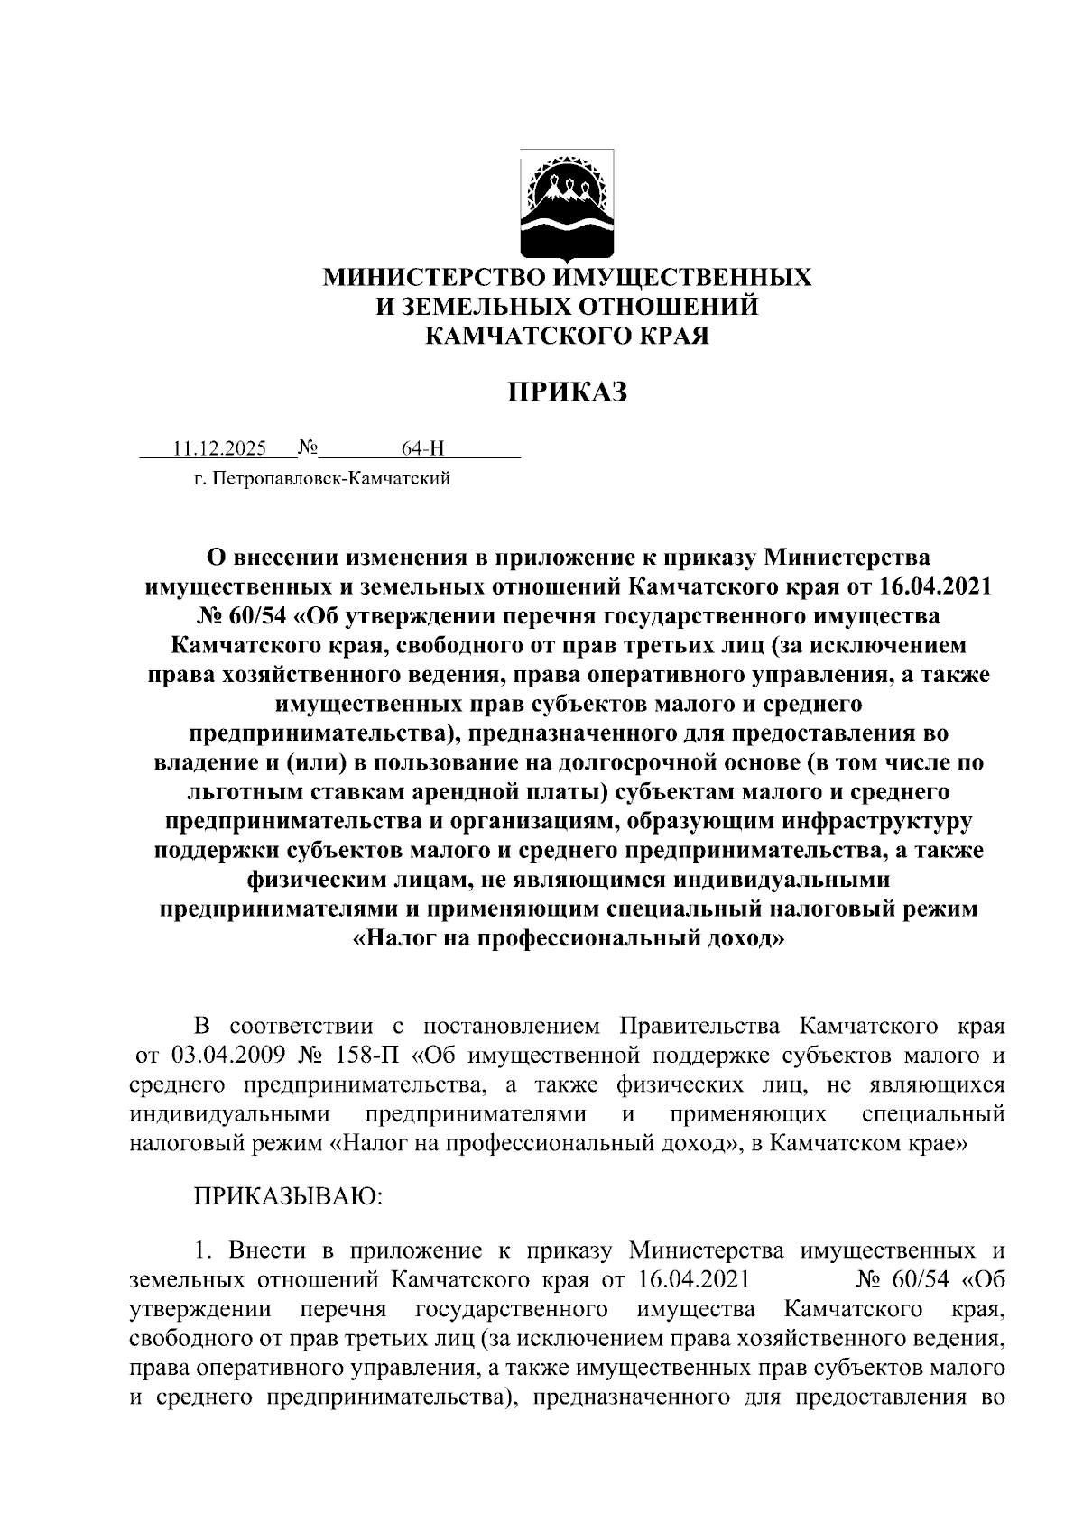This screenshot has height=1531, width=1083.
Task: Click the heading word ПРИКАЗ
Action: [566, 393]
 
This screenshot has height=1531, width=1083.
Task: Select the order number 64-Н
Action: [423, 448]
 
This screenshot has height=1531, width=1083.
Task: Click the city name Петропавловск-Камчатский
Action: [330, 478]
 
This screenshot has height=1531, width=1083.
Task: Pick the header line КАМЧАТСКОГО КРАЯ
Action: [567, 336]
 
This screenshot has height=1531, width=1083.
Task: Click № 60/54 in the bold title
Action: [239, 617]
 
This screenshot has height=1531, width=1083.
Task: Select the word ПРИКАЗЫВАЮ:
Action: [288, 1196]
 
